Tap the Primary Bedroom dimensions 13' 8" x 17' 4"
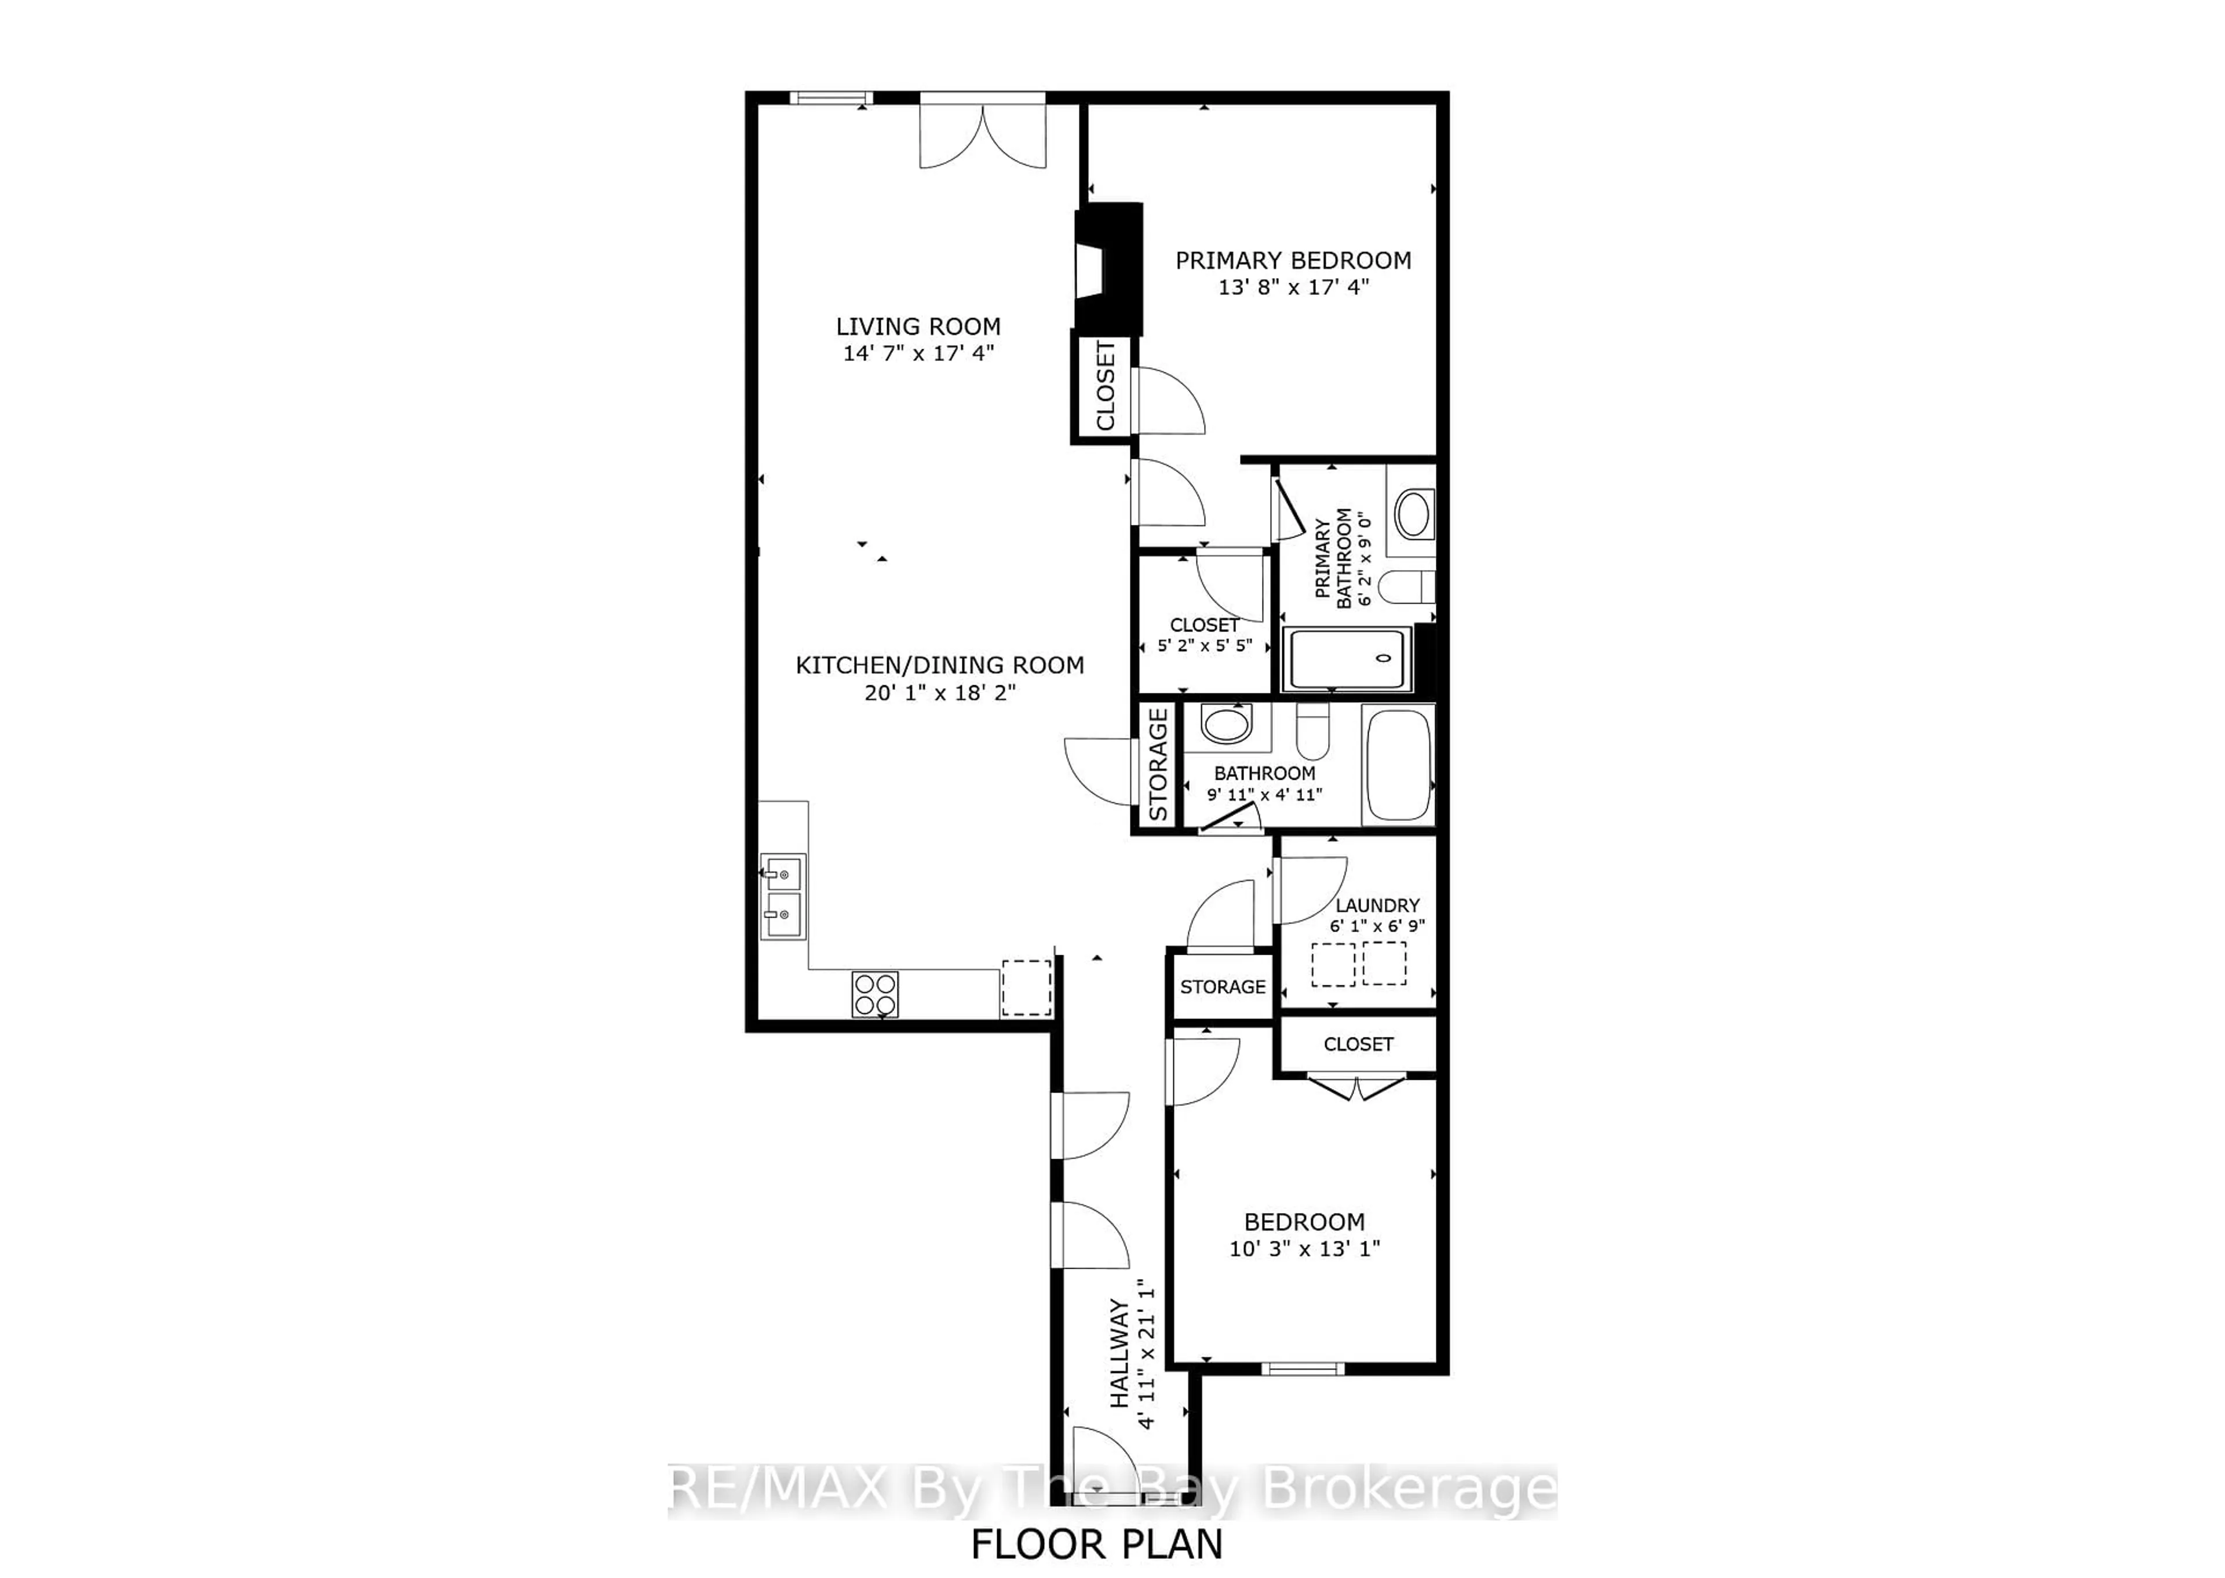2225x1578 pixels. click(x=1293, y=287)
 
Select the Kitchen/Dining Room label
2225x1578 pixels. click(x=940, y=666)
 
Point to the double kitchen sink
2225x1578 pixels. click(x=782, y=897)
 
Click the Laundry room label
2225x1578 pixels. click(x=1377, y=905)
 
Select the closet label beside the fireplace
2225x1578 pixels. click(x=1106, y=386)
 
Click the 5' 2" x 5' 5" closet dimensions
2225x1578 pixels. click(x=1205, y=645)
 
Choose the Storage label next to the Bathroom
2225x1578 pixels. click(x=1157, y=765)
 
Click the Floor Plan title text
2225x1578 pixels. click(x=1097, y=1543)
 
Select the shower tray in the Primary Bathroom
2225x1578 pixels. click(x=1347, y=659)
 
